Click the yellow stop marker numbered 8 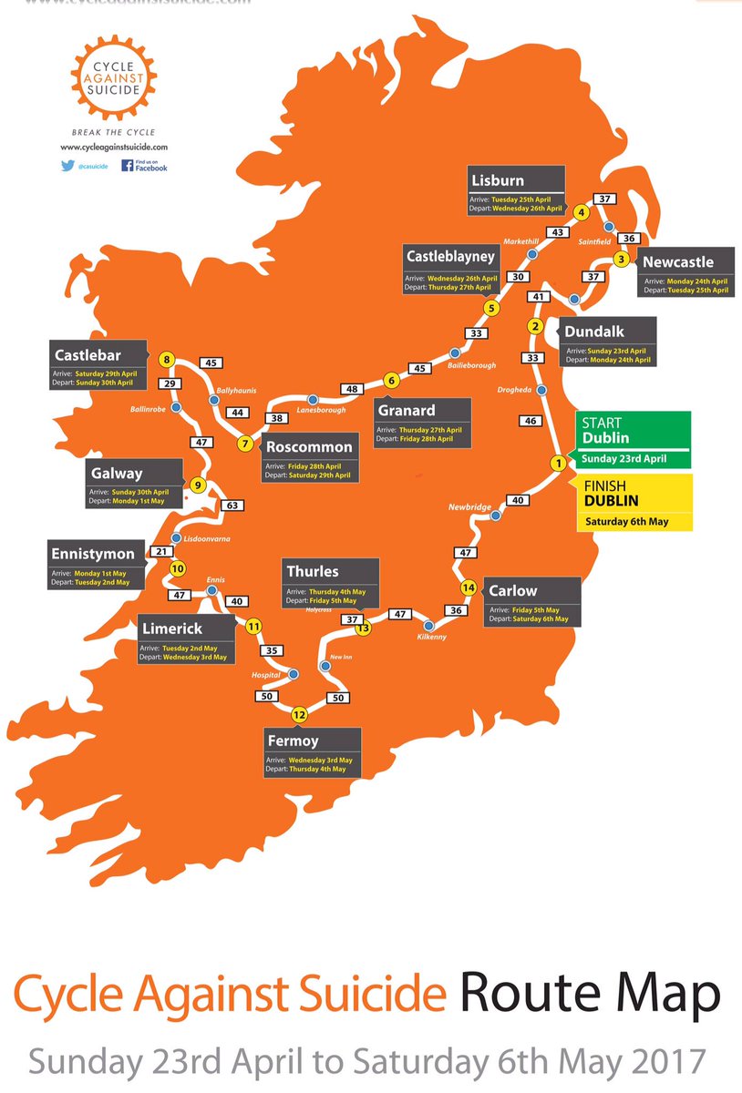[166, 359]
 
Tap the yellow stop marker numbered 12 [299, 713]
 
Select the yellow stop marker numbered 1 [558, 463]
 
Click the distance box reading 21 [161, 551]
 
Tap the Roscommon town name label [309, 447]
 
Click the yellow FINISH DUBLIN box [633, 501]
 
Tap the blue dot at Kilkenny [430, 626]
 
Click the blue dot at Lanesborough [313, 399]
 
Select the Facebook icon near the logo [129, 166]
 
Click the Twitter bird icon [67, 166]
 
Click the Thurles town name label [312, 571]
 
